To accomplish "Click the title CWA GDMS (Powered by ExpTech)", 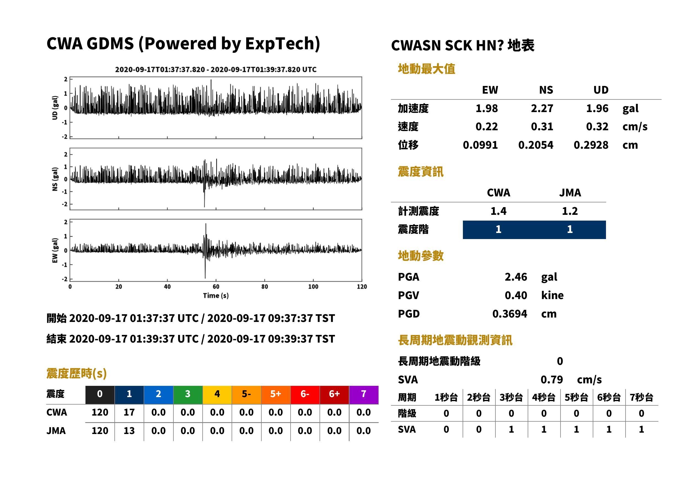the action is pyautogui.click(x=183, y=44).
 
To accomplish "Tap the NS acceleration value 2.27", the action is pyautogui.click(x=542, y=109).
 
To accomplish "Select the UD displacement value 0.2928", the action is pyautogui.click(x=591, y=145).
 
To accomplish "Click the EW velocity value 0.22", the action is pyautogui.click(x=486, y=127).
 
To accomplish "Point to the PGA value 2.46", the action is pyautogui.click(x=516, y=277).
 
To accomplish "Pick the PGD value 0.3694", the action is pyautogui.click(x=509, y=314).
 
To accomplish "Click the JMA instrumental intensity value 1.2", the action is pyautogui.click(x=570, y=211).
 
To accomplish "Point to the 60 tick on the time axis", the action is pyautogui.click(x=216, y=287).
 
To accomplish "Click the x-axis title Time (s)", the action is pyautogui.click(x=216, y=296).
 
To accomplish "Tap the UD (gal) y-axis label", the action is pyautogui.click(x=55, y=108).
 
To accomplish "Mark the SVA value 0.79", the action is pyautogui.click(x=552, y=380).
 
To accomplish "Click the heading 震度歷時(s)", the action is pyautogui.click(x=76, y=373).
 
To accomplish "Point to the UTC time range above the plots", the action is pyautogui.click(x=216, y=70).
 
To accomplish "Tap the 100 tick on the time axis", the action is pyautogui.click(x=313, y=287).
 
